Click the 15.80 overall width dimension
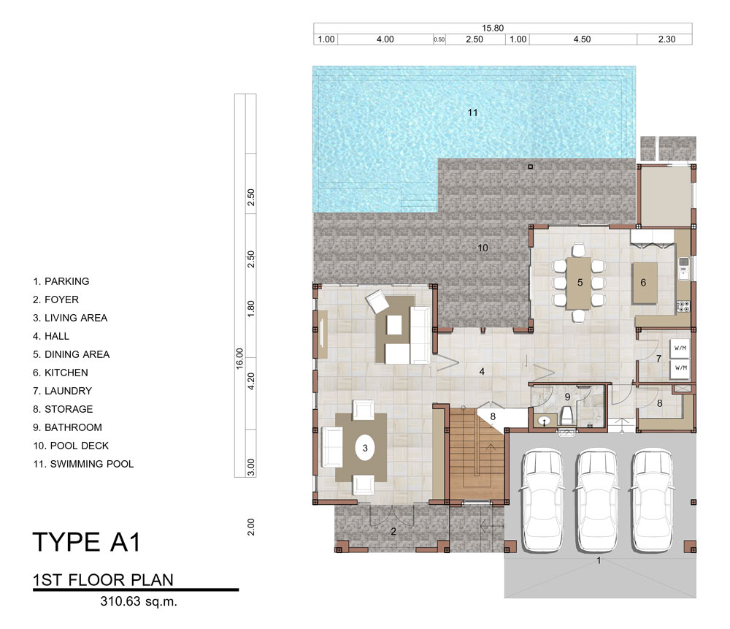(x=493, y=28)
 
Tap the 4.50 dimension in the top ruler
(x=582, y=39)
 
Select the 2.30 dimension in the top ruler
(x=666, y=39)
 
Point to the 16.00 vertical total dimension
(x=239, y=358)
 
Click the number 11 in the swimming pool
(x=472, y=113)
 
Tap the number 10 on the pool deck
(x=483, y=248)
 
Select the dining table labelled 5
(x=579, y=283)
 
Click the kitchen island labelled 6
(x=645, y=283)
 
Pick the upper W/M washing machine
(x=680, y=348)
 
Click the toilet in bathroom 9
(x=566, y=416)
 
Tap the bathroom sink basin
(x=544, y=422)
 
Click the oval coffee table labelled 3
(x=365, y=448)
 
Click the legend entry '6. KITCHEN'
(x=61, y=373)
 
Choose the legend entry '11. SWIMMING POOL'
(x=83, y=464)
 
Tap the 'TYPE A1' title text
(x=87, y=542)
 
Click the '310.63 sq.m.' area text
(x=139, y=601)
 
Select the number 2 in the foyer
(x=393, y=531)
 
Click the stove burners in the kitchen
(x=683, y=306)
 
